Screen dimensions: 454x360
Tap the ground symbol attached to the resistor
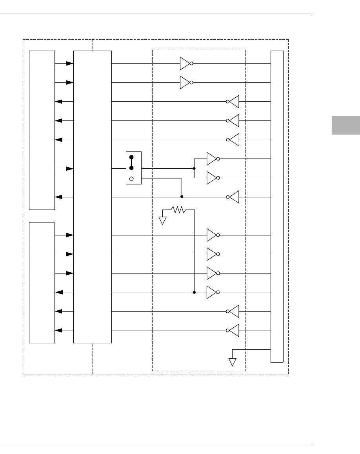(163, 220)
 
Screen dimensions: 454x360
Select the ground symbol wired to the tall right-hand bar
(233, 361)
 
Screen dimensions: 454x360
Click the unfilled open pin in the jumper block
(132, 179)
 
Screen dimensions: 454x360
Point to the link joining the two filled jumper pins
(132, 162)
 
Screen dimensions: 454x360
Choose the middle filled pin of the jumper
(132, 168)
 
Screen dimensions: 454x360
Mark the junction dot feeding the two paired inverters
(195, 168)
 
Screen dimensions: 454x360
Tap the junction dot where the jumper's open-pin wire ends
(182, 197)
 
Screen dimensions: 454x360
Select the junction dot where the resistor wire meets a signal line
(195, 292)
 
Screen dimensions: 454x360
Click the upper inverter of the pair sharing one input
(212, 159)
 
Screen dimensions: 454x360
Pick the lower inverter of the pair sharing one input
(212, 178)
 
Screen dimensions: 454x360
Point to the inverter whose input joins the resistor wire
(212, 292)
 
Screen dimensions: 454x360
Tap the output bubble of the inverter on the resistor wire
(218, 292)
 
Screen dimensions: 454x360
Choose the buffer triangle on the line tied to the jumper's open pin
(234, 197)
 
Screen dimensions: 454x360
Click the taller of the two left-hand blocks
(42, 130)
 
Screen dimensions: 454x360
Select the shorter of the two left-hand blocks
(42, 282)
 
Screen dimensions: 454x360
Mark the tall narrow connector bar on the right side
(277, 206)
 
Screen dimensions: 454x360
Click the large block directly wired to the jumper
(93, 197)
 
